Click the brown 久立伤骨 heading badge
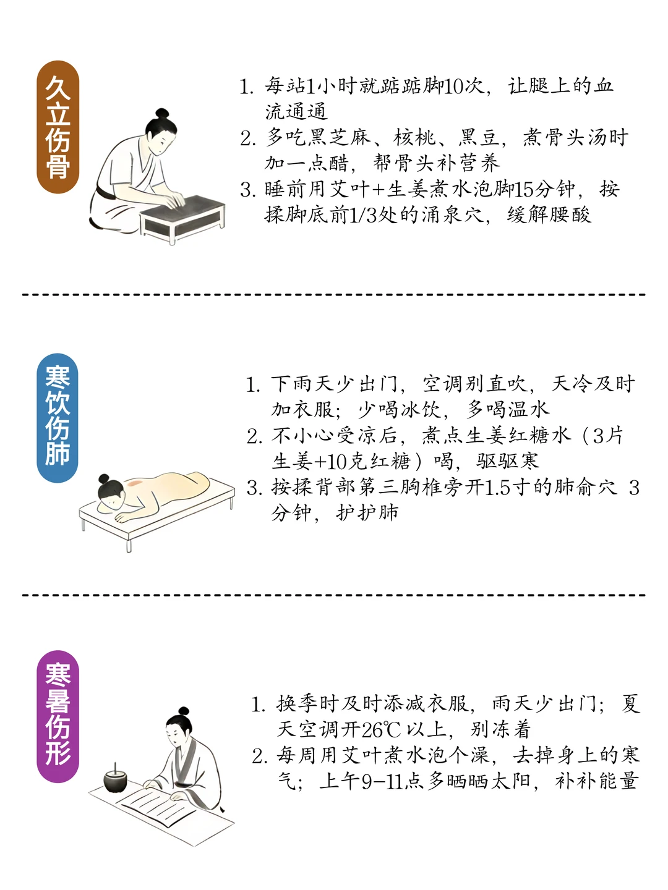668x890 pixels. (58, 127)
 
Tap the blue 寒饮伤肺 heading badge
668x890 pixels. (58, 418)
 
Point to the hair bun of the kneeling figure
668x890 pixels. (162, 113)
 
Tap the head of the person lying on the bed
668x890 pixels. (111, 491)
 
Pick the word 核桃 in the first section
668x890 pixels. (414, 138)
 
